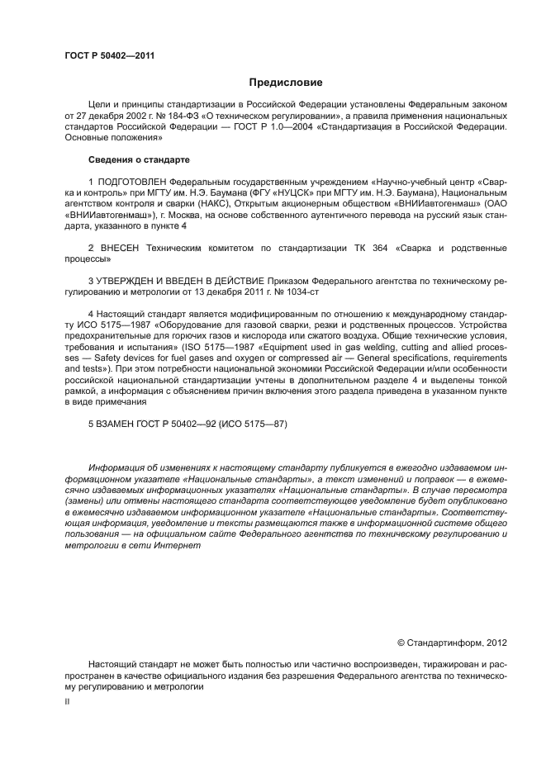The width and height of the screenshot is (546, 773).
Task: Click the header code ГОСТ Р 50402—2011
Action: [x=109, y=56]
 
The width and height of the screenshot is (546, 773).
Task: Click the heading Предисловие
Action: [x=286, y=83]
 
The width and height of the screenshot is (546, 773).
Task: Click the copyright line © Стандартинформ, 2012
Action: [x=452, y=642]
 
